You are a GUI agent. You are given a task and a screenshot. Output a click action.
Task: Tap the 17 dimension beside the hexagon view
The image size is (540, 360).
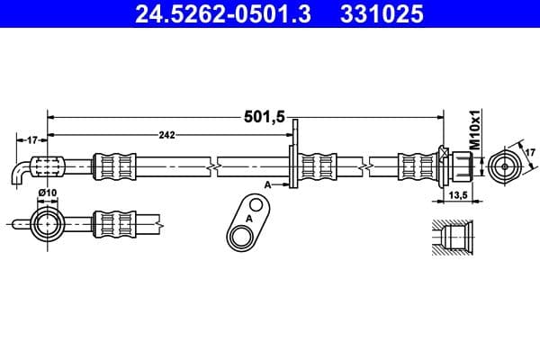[529, 154]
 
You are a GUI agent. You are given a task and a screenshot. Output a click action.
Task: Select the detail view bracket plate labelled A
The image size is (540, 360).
[247, 225]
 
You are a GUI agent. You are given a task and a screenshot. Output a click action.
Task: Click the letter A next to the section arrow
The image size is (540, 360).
[268, 183]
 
